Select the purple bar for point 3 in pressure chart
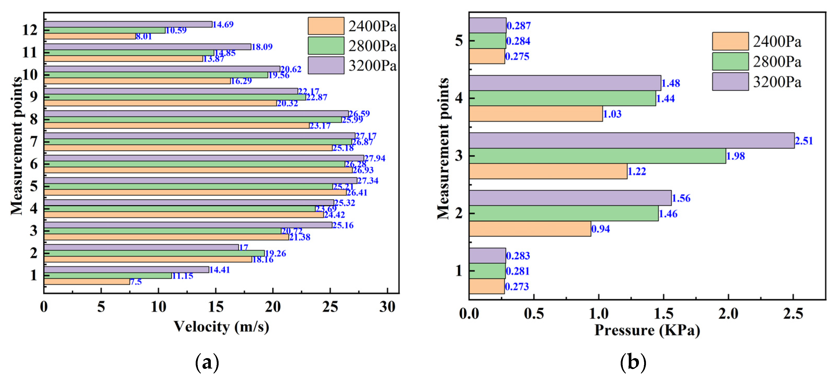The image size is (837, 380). tap(631, 140)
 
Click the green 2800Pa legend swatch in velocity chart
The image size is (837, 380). tap(326, 46)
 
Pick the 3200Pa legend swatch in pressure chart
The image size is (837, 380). tap(730, 82)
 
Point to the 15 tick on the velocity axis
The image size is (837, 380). tap(215, 307)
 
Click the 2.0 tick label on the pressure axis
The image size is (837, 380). tap(728, 313)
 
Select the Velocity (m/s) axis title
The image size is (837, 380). tap(221, 327)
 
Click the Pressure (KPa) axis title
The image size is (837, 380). tap(647, 330)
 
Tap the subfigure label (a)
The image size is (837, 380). tap(207, 362)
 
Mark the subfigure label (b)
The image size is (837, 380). tap(633, 362)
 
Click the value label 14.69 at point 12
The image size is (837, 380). tap(223, 24)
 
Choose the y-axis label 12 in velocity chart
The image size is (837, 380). tap(30, 30)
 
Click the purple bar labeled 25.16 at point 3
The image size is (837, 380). tap(188, 225)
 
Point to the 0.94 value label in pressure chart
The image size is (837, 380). tap(600, 229)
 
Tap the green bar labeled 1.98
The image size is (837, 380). tap(597, 156)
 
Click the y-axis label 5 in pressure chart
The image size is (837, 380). tap(459, 41)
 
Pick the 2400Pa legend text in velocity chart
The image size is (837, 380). tap(372, 26)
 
